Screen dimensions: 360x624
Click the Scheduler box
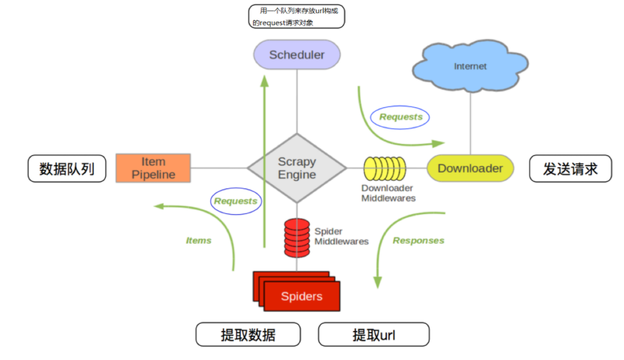pyautogui.click(x=297, y=54)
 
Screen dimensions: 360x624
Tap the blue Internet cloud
pyautogui.click(x=470, y=67)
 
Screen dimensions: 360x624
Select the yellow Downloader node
pyautogui.click(x=470, y=168)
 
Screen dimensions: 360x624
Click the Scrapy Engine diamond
pyautogui.click(x=297, y=168)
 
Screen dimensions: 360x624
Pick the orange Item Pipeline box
pyautogui.click(x=154, y=168)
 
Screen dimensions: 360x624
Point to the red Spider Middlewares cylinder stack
pyautogui.click(x=297, y=238)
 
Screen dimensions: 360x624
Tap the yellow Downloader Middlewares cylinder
pyautogui.click(x=384, y=168)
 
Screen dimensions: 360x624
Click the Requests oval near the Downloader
pyautogui.click(x=401, y=117)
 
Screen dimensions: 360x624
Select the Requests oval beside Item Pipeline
pyautogui.click(x=235, y=201)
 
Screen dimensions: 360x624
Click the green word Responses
pyautogui.click(x=418, y=240)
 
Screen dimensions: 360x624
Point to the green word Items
pyautogui.click(x=199, y=241)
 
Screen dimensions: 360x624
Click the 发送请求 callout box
pyautogui.click(x=570, y=169)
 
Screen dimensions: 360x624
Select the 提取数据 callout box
pyautogui.click(x=248, y=335)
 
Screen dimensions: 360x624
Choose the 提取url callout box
pyautogui.click(x=373, y=335)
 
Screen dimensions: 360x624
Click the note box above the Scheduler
pyautogui.click(x=297, y=17)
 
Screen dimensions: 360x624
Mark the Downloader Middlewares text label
pyautogui.click(x=388, y=193)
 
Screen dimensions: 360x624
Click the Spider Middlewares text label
pyautogui.click(x=341, y=236)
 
